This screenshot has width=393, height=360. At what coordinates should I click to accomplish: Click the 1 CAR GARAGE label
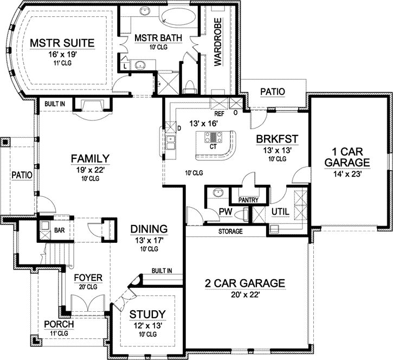344,156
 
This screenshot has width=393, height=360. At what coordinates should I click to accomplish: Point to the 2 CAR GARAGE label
245,283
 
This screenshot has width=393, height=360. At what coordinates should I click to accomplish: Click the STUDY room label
147,314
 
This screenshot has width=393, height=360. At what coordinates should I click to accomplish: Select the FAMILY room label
91,158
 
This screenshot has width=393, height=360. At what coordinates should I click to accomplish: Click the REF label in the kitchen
220,114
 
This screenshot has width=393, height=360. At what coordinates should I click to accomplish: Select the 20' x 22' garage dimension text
245,295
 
